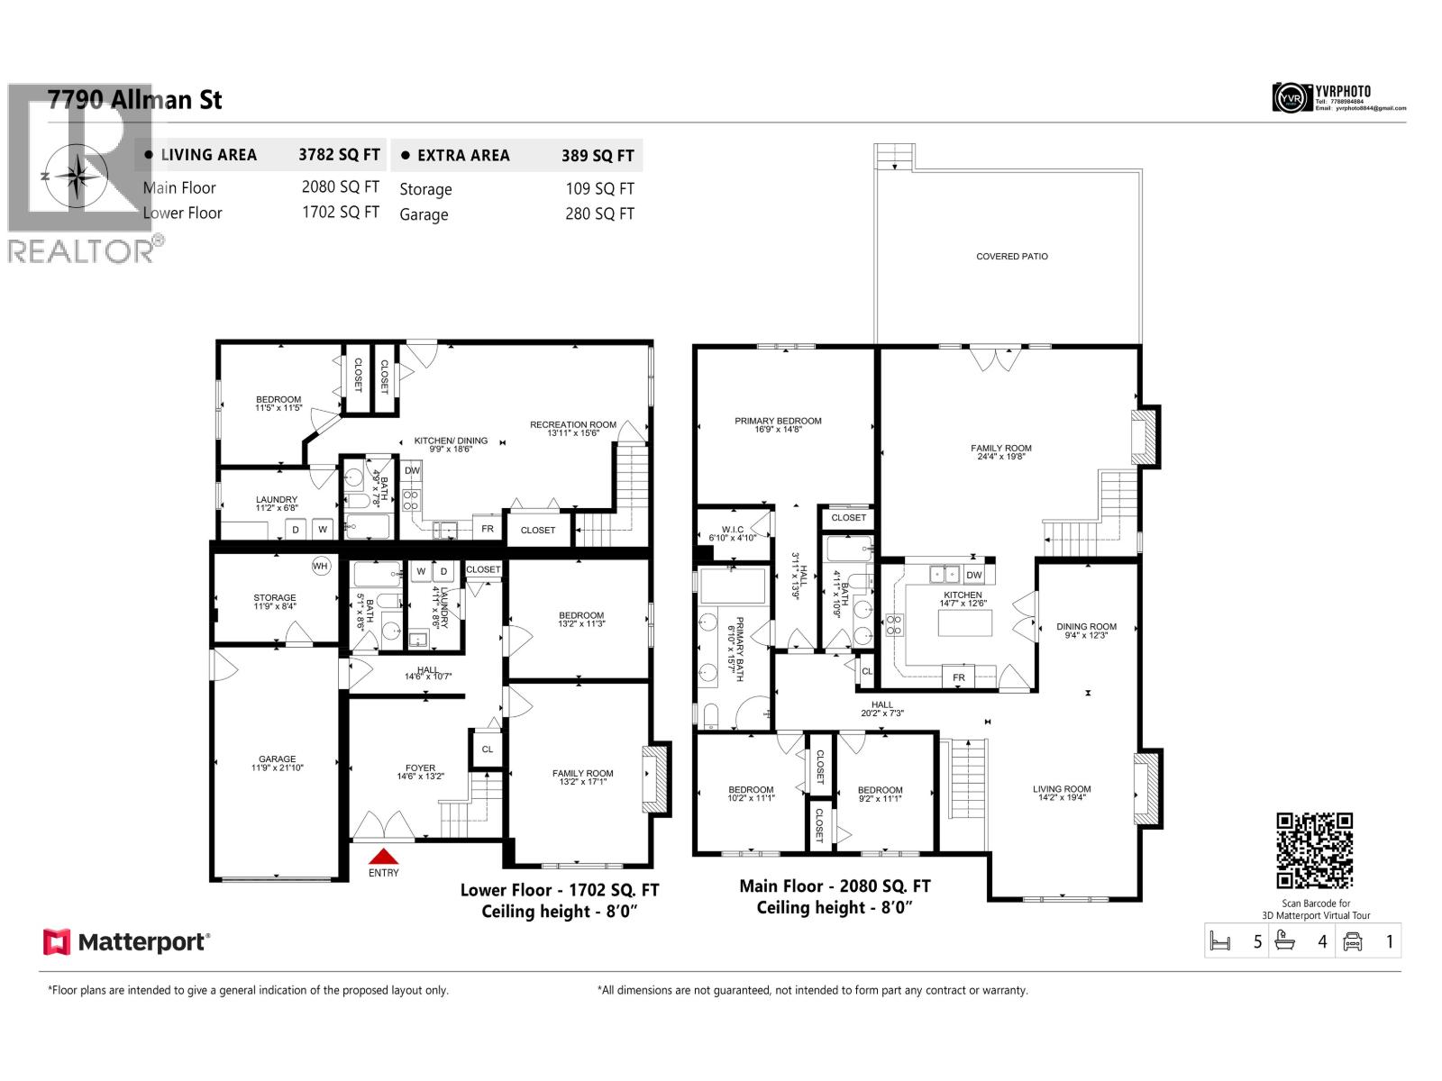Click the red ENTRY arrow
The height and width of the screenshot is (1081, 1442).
pyautogui.click(x=383, y=857)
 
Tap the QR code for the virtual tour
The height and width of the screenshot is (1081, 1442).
pyautogui.click(x=1314, y=850)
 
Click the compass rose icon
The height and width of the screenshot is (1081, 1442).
pyautogui.click(x=77, y=175)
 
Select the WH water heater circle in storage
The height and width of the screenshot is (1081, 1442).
pyautogui.click(x=321, y=566)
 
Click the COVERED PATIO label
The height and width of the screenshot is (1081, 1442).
pyautogui.click(x=1011, y=257)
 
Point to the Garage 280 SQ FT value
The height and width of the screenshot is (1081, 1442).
pyautogui.click(x=599, y=214)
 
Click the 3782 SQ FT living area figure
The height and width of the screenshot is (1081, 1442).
pyautogui.click(x=339, y=155)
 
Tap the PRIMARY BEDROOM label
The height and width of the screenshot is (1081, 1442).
pyautogui.click(x=778, y=421)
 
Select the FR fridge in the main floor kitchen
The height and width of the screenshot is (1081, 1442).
pyautogui.click(x=958, y=677)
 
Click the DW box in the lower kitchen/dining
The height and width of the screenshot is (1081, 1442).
pyautogui.click(x=412, y=470)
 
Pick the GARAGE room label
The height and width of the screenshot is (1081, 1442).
pyautogui.click(x=277, y=759)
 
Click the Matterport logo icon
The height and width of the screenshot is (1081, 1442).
pyautogui.click(x=57, y=942)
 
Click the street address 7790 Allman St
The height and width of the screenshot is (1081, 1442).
pyautogui.click(x=135, y=100)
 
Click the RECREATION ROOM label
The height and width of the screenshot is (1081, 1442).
pyautogui.click(x=573, y=424)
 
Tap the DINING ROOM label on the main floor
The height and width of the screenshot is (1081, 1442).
pyautogui.click(x=1086, y=627)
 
